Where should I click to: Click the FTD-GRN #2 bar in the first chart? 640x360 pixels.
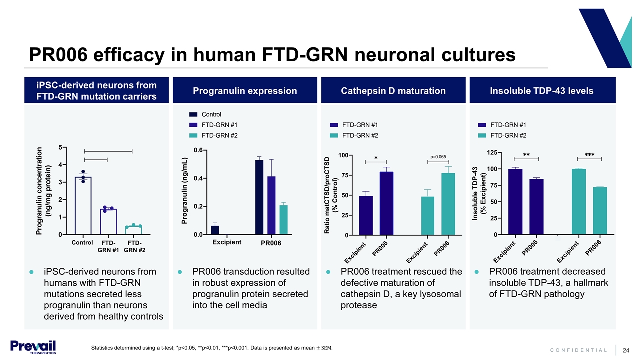(x=133, y=230)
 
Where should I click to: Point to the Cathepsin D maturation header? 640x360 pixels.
(x=393, y=91)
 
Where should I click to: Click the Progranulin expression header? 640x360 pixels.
(x=245, y=91)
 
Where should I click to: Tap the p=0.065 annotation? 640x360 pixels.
(x=438, y=157)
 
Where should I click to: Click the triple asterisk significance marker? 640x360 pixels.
(x=589, y=155)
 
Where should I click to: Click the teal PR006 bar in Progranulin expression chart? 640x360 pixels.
(x=283, y=220)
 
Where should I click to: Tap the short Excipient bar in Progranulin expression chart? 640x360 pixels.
(x=215, y=230)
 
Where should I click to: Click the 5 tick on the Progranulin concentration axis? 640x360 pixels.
(x=60, y=147)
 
